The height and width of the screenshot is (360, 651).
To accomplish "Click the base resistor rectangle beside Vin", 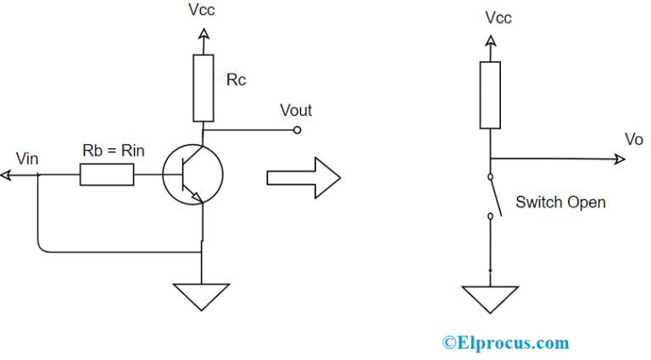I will tap(107, 175).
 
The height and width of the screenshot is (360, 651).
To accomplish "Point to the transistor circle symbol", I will tap(192, 174).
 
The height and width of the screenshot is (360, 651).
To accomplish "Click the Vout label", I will tap(296, 111).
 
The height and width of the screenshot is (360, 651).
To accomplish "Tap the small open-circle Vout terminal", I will tap(298, 130).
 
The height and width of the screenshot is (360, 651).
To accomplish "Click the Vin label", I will tap(28, 158).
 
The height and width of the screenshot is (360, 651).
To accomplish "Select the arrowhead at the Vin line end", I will tap(6, 175).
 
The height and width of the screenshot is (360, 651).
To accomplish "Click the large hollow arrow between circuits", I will tap(303, 177).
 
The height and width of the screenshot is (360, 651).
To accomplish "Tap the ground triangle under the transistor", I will tap(202, 296).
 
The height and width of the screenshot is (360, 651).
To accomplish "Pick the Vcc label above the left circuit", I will tap(203, 12).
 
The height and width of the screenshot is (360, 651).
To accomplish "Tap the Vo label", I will tap(634, 138).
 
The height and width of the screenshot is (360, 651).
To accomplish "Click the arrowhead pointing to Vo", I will tap(610, 158).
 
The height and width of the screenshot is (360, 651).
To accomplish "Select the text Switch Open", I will tap(560, 203).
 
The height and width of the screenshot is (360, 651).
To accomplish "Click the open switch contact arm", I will tap(495, 197).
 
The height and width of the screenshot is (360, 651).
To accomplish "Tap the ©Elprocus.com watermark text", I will tap(505, 342).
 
